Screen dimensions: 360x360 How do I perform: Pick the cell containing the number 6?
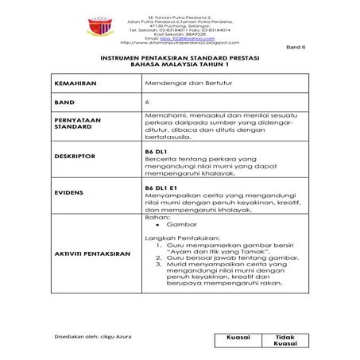point(148,103)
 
